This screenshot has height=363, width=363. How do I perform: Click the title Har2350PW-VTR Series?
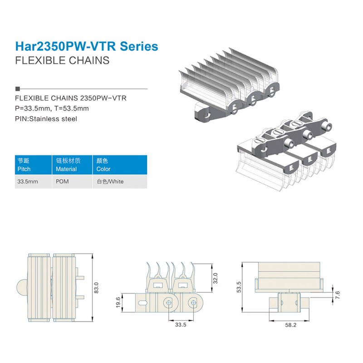87,46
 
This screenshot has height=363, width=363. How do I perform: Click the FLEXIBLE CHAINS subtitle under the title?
62,60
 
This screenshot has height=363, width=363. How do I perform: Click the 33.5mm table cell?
28,181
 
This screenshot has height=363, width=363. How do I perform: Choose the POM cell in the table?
62,181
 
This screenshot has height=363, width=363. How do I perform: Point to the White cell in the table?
110,181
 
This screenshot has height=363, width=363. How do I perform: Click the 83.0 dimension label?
96,288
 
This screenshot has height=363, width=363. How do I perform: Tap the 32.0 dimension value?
215,278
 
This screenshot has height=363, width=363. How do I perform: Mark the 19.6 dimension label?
118,303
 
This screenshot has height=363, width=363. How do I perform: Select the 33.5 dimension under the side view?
181,325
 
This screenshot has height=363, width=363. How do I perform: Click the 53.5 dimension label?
239,287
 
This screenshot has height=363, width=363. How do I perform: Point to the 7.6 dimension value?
337,295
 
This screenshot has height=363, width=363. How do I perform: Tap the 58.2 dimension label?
291,325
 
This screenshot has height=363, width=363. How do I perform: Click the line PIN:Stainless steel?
46,119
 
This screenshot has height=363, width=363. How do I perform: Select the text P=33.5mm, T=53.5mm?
52,108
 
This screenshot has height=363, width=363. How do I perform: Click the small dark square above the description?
18,88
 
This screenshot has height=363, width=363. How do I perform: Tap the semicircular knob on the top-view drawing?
22,288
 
